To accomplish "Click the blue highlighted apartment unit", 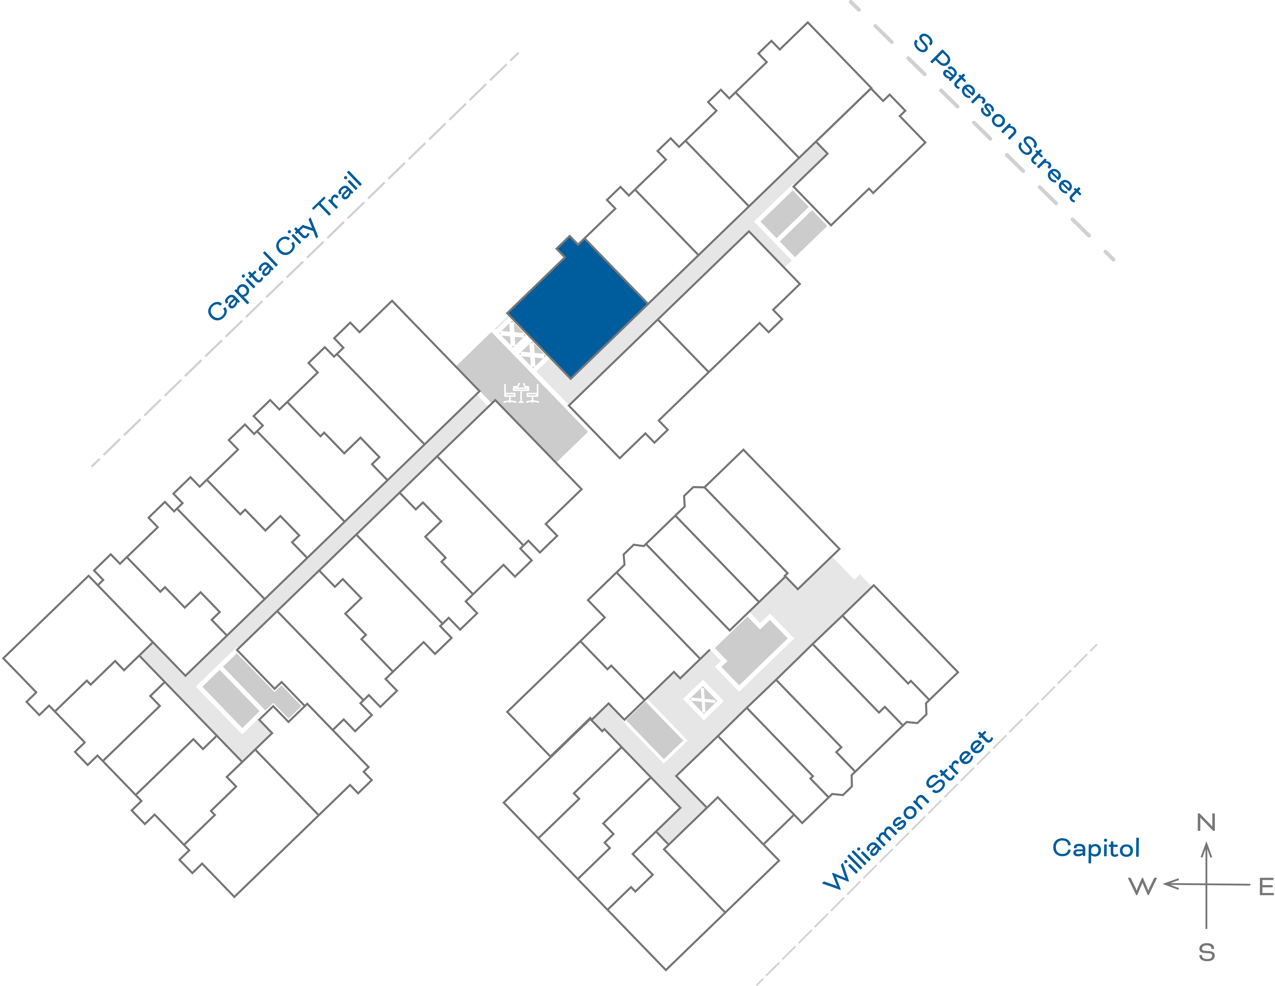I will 578,309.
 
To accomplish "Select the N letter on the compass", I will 1206,823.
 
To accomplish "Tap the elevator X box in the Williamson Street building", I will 703,700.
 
